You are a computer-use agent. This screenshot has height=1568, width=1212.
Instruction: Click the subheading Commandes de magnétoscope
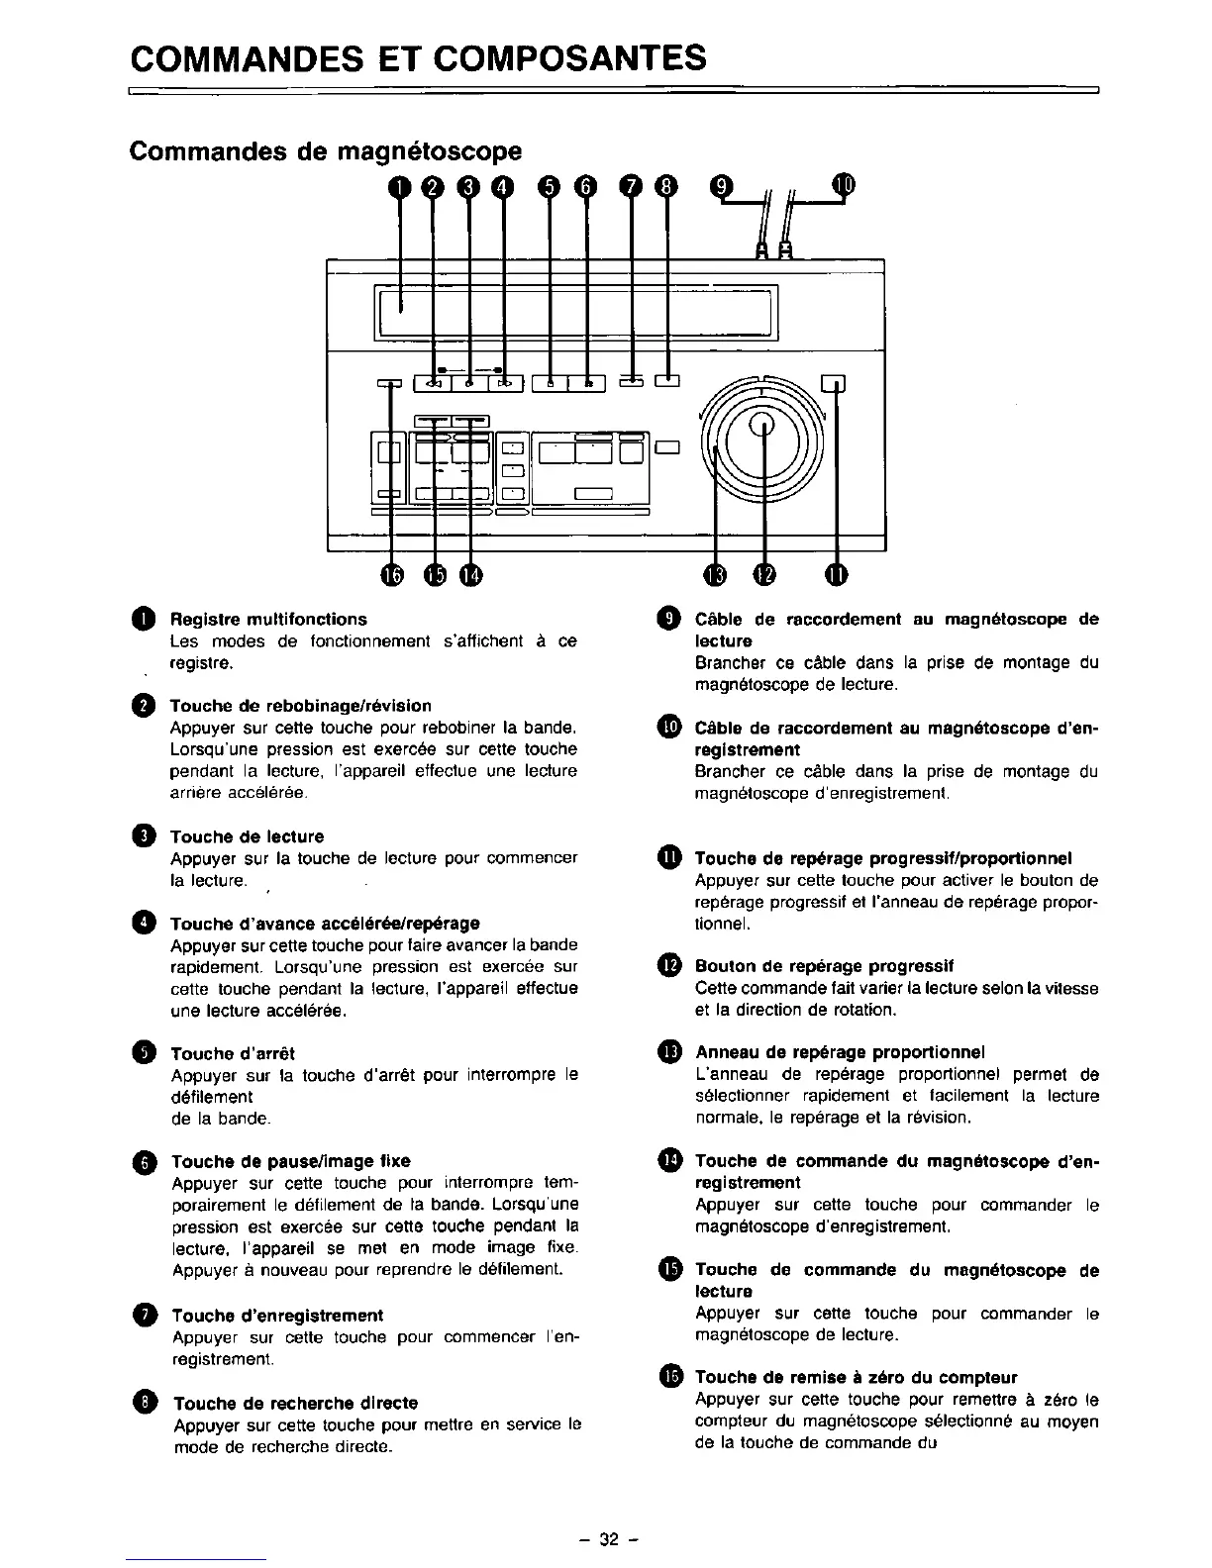pos(326,151)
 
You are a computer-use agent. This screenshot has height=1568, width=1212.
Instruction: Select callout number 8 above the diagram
pos(667,186)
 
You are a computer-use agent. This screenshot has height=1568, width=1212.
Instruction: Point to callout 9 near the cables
pos(722,186)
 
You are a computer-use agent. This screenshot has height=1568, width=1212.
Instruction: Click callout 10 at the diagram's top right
pos(843,185)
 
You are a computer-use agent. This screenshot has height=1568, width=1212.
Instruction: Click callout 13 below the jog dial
pos(715,575)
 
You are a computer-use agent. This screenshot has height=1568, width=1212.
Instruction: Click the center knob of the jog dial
pos(762,426)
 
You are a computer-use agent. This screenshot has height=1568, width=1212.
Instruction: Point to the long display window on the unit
pos(574,310)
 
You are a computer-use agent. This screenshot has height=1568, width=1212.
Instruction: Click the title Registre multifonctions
pos(268,620)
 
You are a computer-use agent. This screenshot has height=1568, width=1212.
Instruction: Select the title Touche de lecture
pos(247,836)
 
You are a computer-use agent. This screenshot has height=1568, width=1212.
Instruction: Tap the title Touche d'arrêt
pos(233,1053)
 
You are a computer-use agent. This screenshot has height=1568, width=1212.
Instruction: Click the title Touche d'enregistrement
pos(277,1315)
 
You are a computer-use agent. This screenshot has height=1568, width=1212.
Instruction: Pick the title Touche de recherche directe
pos(296,1403)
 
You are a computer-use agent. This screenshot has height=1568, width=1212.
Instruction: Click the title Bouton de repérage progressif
pos(824,965)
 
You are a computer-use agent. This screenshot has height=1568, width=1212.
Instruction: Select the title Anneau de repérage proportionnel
pos(840,1051)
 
